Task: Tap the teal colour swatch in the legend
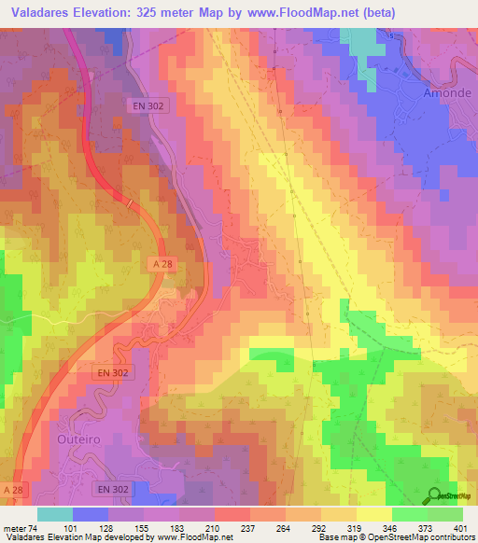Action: tap(55, 514)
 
